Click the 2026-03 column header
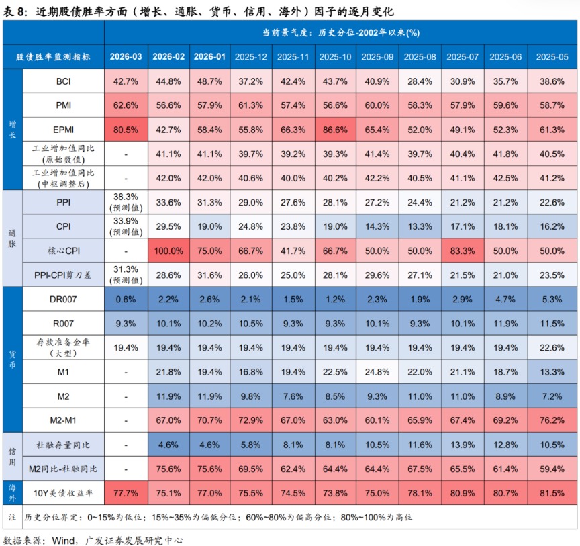click(x=126, y=57)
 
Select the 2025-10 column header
click(x=337, y=57)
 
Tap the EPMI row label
click(x=64, y=129)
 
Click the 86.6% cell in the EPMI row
click(x=337, y=129)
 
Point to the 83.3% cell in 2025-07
click(x=463, y=251)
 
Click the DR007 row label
click(x=64, y=298)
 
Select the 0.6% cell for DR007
click(x=126, y=298)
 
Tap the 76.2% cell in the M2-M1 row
click(x=548, y=420)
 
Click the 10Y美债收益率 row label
click(x=64, y=492)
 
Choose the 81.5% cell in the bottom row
click(x=548, y=492)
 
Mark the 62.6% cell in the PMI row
click(x=126, y=105)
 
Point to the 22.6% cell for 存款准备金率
click(x=548, y=347)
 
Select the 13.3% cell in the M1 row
click(x=548, y=371)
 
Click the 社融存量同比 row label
click(x=64, y=444)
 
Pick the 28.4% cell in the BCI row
click(x=421, y=81)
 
